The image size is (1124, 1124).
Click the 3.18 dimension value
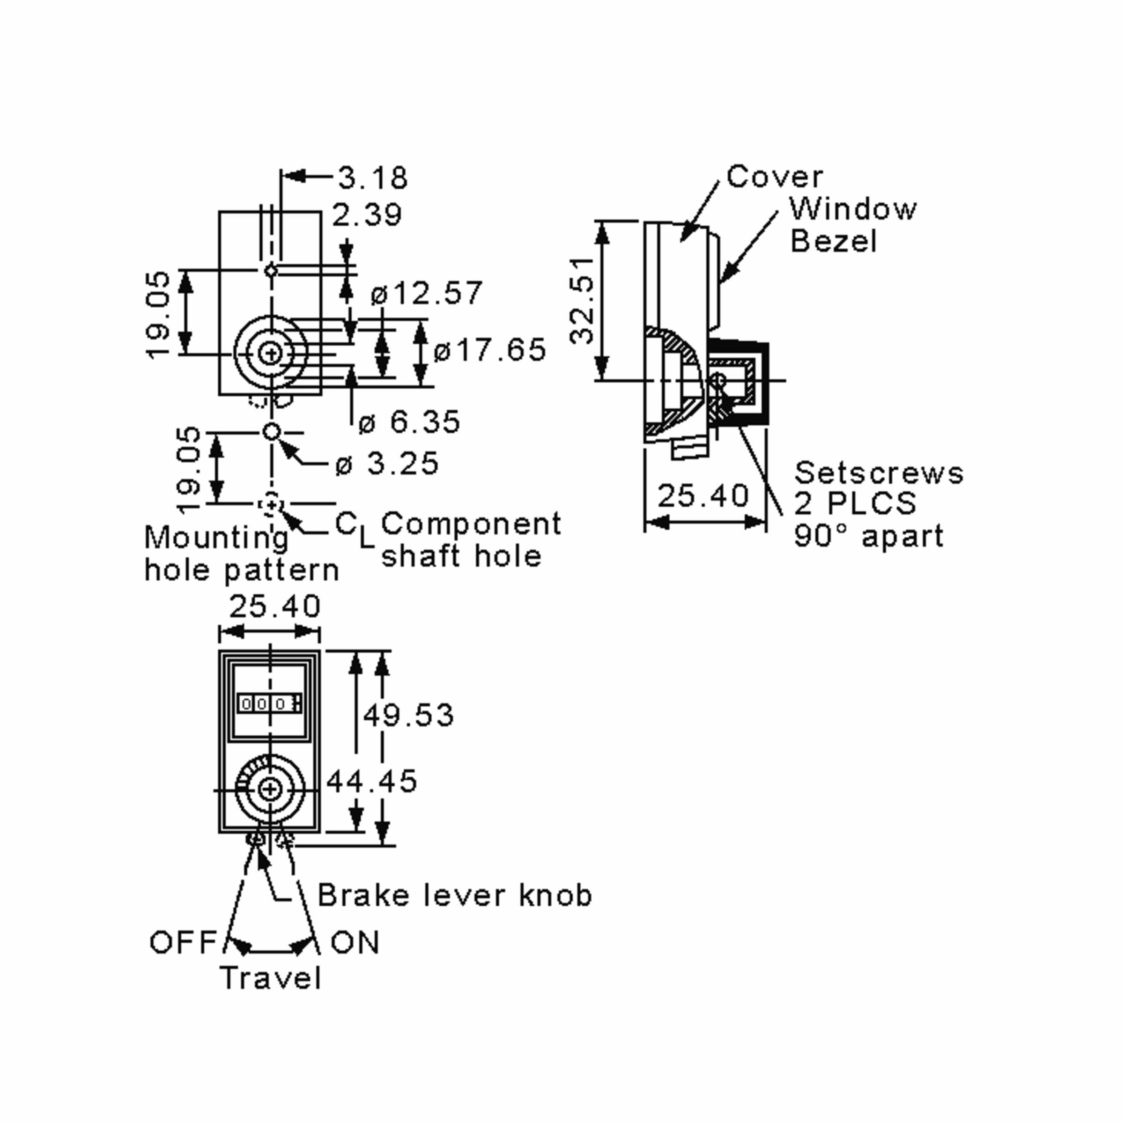pyautogui.click(x=373, y=177)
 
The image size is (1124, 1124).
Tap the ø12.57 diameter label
pyautogui.click(x=427, y=293)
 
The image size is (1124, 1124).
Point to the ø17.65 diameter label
pyautogui.click(x=490, y=350)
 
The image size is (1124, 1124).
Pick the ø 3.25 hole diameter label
pyautogui.click(x=387, y=464)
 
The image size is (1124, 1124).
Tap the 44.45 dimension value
pyautogui.click(x=372, y=781)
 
